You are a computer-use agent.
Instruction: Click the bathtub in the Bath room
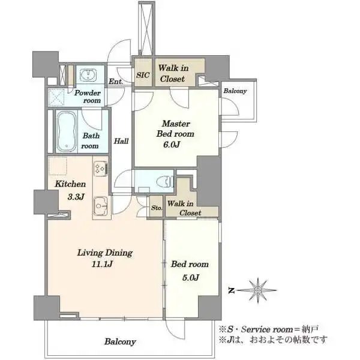[67, 132]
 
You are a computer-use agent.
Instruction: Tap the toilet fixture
[165, 182]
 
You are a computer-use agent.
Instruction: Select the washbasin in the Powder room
[88, 75]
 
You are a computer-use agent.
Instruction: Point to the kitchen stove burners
[101, 169]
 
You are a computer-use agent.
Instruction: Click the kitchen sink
[100, 206]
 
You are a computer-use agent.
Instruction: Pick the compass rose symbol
[258, 290]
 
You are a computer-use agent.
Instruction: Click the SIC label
[143, 75]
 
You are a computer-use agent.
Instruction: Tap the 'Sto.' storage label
[157, 208]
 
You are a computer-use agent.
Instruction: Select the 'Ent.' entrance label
[116, 81]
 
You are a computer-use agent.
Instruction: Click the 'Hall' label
[121, 141]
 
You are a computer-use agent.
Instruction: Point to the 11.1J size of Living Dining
[102, 264]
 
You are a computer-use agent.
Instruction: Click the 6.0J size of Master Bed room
[171, 145]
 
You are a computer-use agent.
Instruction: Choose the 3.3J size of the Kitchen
[76, 197]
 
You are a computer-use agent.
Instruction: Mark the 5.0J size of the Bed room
[191, 278]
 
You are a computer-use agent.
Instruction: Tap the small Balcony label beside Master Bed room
[235, 91]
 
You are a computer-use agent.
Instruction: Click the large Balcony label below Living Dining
[120, 341]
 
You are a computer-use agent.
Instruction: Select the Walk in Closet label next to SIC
[173, 73]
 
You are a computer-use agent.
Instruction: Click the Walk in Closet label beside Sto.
[184, 208]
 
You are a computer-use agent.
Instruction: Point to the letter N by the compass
[232, 291]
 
